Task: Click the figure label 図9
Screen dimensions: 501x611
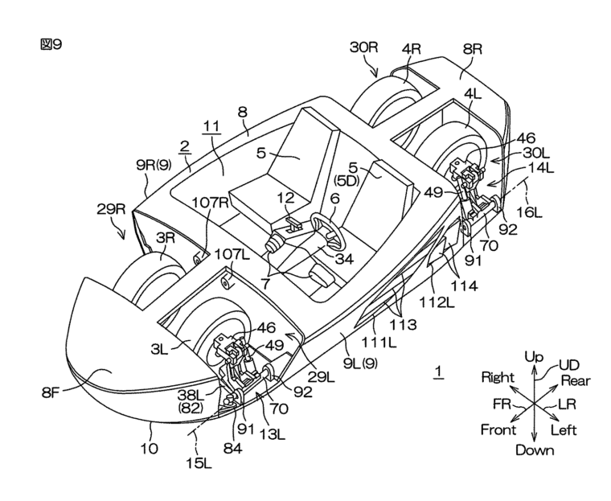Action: click(50, 45)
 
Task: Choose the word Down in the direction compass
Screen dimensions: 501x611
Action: click(535, 450)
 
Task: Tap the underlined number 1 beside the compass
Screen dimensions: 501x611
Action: click(438, 372)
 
